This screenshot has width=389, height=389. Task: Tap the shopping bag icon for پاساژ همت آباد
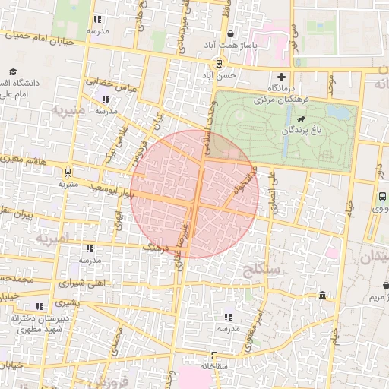pos(230,33)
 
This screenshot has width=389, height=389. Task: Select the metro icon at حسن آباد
pos(219,64)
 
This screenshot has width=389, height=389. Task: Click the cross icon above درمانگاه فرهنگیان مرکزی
pos(281,76)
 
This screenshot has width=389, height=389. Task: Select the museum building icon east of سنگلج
pos(323,295)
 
